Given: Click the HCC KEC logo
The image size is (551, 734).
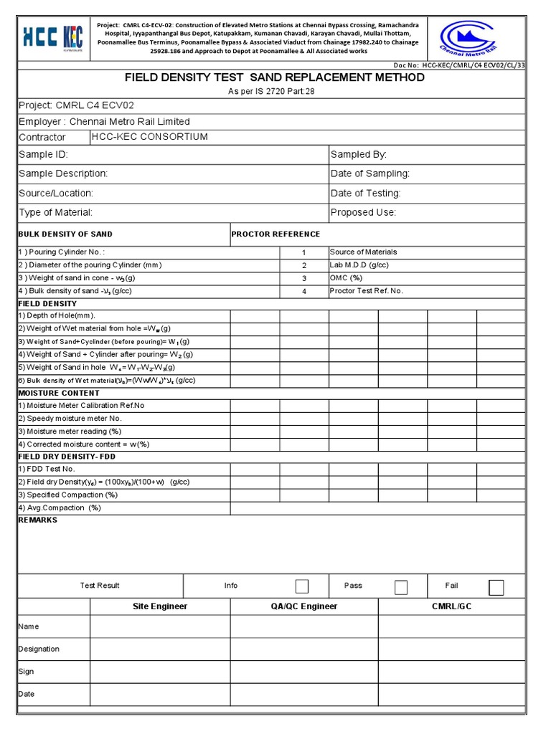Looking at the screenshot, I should [x=54, y=36].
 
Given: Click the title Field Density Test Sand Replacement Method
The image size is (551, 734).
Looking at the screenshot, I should [x=275, y=77].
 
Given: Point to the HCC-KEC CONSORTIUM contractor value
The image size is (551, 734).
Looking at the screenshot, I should [x=150, y=137].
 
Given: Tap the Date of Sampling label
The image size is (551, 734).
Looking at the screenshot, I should [x=370, y=173].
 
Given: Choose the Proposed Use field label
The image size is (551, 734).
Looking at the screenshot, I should [x=363, y=212].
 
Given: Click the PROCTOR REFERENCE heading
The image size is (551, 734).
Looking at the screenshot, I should [x=275, y=234].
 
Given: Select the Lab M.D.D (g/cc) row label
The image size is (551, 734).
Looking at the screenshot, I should [x=359, y=265].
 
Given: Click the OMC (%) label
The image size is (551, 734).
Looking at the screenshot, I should [x=347, y=278].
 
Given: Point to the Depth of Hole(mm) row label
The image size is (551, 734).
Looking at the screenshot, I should [x=57, y=315].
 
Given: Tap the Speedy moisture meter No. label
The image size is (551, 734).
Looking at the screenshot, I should [x=70, y=419].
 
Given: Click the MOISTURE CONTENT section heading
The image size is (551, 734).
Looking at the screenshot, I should [x=59, y=393].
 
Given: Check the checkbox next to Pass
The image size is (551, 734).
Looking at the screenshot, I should [x=401, y=587].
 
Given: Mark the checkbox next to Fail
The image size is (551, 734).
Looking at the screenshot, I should [x=496, y=587].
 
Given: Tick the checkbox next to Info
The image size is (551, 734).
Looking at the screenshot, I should [x=302, y=586].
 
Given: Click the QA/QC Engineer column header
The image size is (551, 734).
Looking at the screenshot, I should [x=304, y=606].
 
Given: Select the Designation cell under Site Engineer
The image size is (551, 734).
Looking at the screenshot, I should [x=159, y=649].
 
